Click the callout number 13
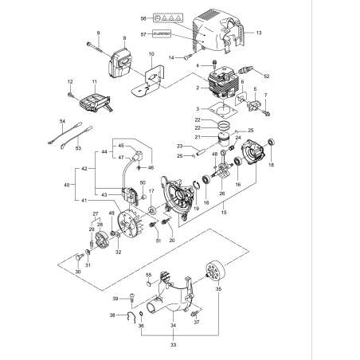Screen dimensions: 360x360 click(258, 33)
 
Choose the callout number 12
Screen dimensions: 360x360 click(71, 82)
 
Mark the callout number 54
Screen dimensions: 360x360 click(61, 122)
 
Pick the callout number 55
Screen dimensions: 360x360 click(148, 274)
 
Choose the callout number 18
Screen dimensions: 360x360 click(272, 165)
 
